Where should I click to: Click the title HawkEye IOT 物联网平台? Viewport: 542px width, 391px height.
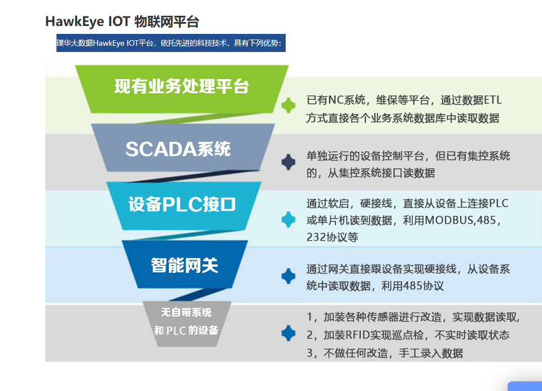tap(122, 21)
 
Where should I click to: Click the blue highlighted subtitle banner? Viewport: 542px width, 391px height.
tap(171, 43)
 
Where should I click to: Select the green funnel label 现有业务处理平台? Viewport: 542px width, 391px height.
tap(181, 86)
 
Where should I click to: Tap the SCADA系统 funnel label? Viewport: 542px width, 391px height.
tap(178, 149)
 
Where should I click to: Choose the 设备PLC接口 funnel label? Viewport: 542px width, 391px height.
tap(182, 204)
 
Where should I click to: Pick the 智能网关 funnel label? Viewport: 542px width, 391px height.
tap(185, 266)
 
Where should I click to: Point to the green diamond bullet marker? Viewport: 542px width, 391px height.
tap(289, 105)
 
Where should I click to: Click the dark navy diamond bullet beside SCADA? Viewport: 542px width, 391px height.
tap(289, 162)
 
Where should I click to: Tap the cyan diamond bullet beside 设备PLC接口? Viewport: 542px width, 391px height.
tap(289, 219)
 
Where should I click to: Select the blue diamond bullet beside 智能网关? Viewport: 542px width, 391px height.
tap(289, 276)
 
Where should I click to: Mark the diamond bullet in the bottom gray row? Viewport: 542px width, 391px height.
tap(289, 333)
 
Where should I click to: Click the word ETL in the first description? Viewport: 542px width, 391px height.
tap(492, 100)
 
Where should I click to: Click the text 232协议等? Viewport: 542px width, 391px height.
tap(333, 237)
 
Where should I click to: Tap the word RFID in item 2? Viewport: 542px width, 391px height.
tap(358, 335)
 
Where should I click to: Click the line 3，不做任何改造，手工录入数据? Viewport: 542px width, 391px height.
tap(384, 353)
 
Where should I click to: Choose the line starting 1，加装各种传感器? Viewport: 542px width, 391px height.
tap(413, 317)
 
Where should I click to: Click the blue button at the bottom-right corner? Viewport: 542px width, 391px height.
tap(524, 386)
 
